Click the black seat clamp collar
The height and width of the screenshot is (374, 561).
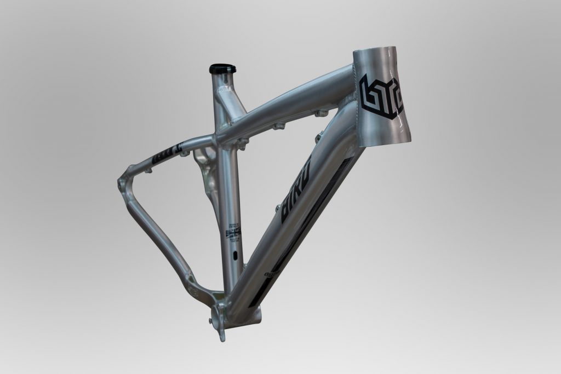click(x=221, y=68)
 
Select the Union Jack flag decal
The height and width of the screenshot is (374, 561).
click(x=234, y=233)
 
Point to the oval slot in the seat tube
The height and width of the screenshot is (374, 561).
click(x=235, y=255)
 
